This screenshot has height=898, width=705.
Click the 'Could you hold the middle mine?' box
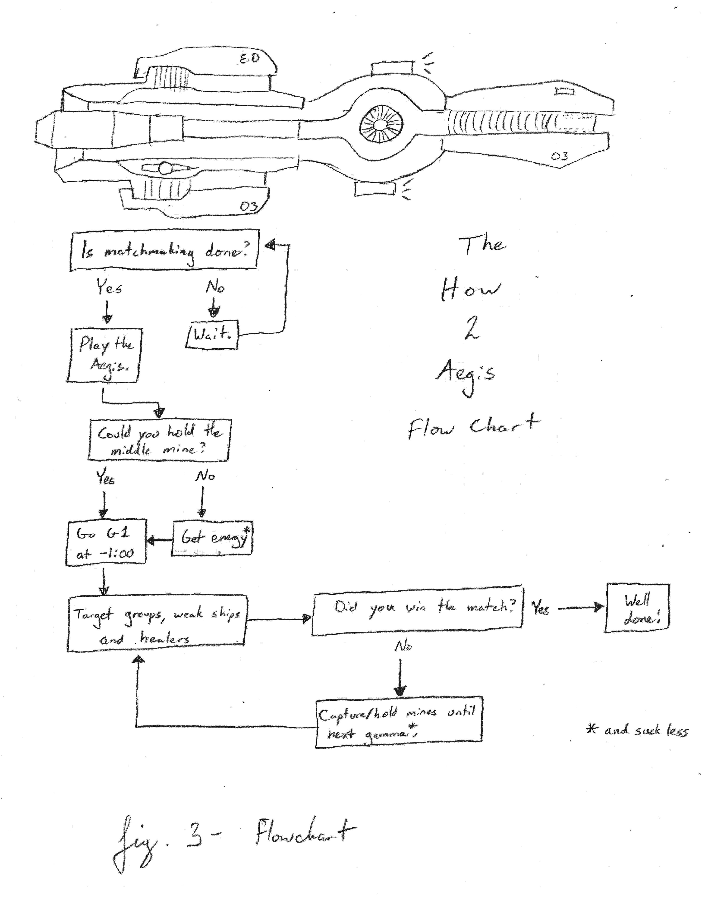click(x=159, y=440)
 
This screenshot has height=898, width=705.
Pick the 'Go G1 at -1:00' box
click(x=106, y=543)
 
